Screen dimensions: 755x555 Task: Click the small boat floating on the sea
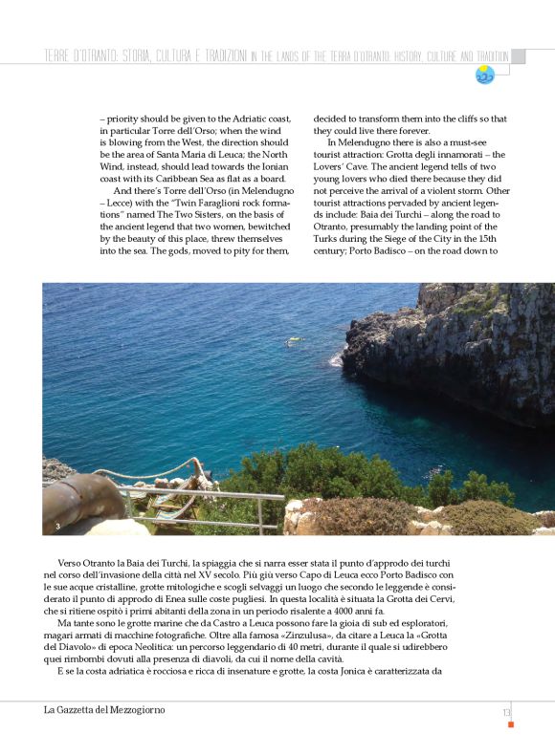point(295,340)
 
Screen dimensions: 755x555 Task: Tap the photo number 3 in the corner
point(58,527)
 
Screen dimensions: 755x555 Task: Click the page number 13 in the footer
point(505,711)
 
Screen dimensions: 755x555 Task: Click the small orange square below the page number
point(511,724)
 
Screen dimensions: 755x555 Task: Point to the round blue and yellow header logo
point(485,75)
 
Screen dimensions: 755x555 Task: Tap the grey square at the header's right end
point(518,56)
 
